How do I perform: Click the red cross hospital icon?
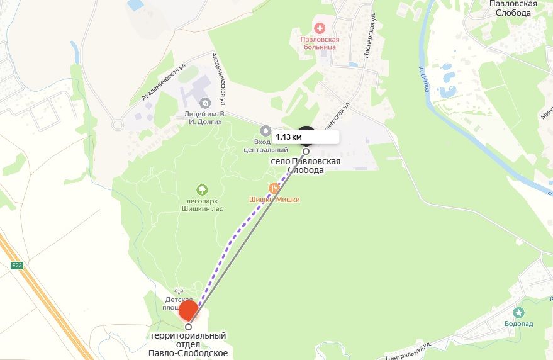click(320, 28)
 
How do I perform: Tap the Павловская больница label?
click(319, 43)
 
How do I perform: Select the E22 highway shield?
click(16, 266)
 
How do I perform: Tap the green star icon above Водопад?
click(518, 312)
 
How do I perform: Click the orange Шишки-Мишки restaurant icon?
click(274, 188)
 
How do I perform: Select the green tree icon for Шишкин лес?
click(202, 189)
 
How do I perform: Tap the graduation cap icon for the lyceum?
click(204, 102)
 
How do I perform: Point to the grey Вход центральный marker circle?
click(266, 131)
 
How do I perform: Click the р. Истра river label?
click(422, 79)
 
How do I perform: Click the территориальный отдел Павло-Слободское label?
click(188, 344)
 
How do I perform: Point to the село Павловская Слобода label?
click(306, 166)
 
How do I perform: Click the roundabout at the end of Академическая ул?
click(117, 125)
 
